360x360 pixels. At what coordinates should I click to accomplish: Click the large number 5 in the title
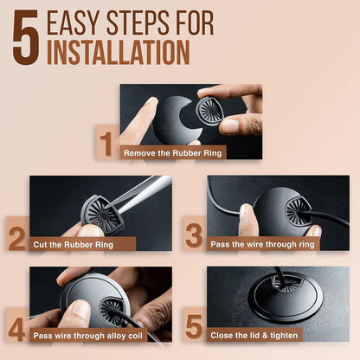coord(26,37)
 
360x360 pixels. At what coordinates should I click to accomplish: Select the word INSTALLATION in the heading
coord(119,52)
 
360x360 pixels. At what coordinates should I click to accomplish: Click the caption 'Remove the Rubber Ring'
coord(173,153)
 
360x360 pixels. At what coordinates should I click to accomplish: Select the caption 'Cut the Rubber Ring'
coord(74,245)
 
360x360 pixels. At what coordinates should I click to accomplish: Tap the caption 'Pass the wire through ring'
coord(262,244)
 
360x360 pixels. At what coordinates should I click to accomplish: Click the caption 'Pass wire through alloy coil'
coord(88,336)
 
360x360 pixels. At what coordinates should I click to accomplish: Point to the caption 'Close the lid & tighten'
coord(254,336)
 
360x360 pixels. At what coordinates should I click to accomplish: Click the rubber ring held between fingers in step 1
coord(210,111)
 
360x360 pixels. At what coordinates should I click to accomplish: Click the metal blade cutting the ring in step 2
coord(141,192)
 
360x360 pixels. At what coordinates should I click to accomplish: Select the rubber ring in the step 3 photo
coord(298,212)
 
